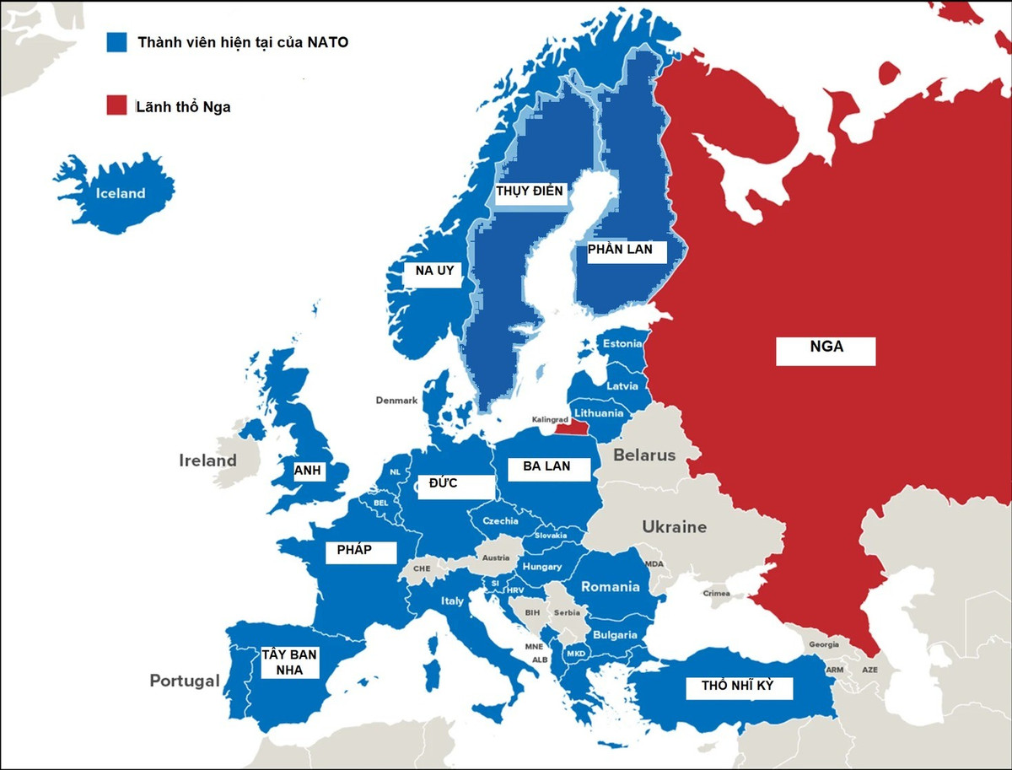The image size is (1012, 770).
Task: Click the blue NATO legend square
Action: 117,43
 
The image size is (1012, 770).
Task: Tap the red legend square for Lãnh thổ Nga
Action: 117,106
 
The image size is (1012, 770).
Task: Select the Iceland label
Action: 121,193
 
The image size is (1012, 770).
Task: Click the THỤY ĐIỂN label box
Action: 529,191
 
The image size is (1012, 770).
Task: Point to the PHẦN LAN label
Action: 620,250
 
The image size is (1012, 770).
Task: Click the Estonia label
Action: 622,343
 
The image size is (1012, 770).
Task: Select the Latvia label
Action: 622,386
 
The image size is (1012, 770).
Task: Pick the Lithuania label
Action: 599,413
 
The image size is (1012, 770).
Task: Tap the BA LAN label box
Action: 546,466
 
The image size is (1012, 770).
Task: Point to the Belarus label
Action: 644,455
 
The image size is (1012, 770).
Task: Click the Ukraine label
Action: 674,527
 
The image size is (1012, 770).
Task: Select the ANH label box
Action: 308,471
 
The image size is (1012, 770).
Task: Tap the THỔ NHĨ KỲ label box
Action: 736,687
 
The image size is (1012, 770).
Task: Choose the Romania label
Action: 611,587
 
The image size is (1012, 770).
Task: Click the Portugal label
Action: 185,681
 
